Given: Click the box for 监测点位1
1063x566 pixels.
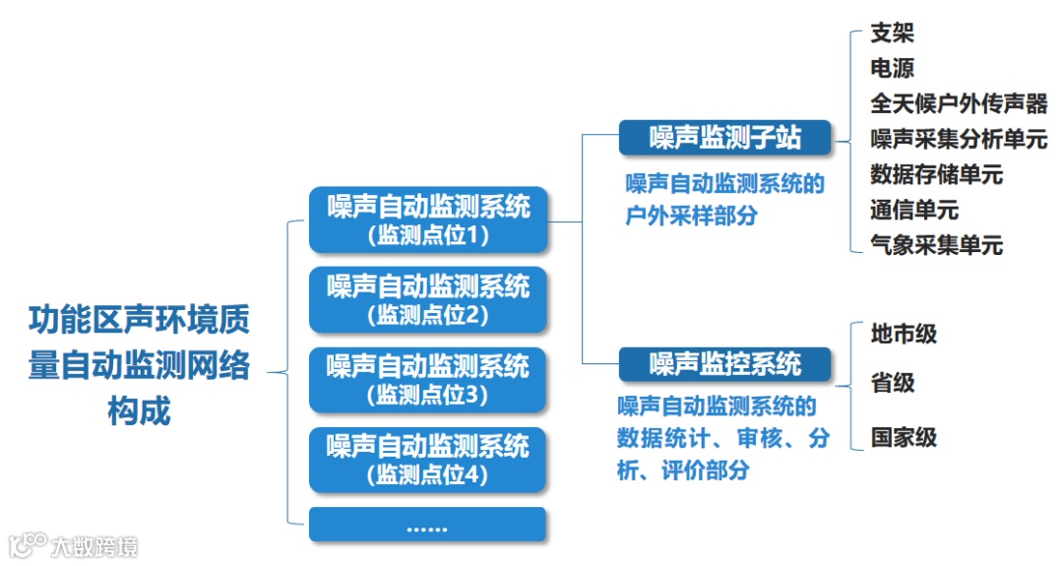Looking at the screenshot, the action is point(427,220).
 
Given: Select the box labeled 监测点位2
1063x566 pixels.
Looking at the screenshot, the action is point(427,300).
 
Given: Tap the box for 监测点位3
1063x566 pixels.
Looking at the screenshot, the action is point(427,380).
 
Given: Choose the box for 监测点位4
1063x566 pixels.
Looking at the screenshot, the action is point(427,460).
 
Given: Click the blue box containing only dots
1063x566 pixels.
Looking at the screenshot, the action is point(427,525).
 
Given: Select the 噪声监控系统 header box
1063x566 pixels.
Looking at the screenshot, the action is point(724,365).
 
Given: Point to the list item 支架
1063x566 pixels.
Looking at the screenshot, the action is point(892,33).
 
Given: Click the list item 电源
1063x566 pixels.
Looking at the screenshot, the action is point(892,69).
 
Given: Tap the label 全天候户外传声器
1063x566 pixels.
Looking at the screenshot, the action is point(958,104).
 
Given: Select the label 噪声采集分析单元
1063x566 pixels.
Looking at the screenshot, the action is point(958,140).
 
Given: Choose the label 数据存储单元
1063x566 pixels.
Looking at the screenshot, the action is point(935,175).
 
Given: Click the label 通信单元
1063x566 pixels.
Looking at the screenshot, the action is point(913,211).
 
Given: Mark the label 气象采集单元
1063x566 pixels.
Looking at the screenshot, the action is point(935,246).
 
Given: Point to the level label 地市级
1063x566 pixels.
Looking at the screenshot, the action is point(903,335).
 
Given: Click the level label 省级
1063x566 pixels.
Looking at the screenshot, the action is point(892,383).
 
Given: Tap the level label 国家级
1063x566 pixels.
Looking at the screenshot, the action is point(903,438).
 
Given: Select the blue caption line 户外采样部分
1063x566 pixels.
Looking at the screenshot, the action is point(691,216).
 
